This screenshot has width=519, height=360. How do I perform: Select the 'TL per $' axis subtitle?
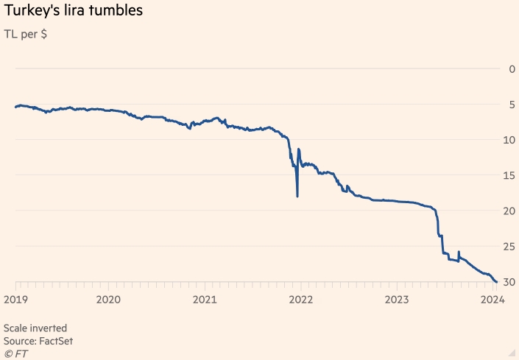(x=27, y=34)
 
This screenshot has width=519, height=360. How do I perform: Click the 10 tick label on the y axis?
(x=509, y=140)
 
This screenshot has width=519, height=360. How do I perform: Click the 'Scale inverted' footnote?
(x=35, y=328)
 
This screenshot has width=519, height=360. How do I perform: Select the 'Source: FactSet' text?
(x=38, y=341)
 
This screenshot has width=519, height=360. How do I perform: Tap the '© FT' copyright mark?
(x=15, y=354)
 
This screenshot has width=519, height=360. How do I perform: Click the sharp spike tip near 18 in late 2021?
(x=297, y=197)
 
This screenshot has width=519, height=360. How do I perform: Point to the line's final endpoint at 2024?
(x=495, y=282)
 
